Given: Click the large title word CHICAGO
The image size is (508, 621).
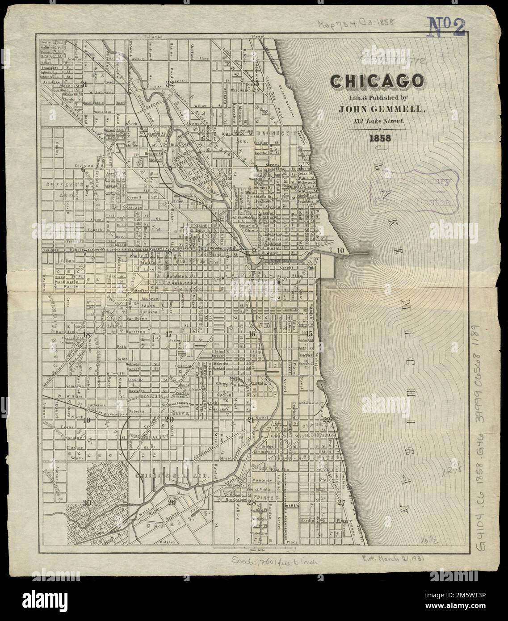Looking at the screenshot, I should pos(377,81).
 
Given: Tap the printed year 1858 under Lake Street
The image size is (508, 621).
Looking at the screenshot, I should pos(379,138).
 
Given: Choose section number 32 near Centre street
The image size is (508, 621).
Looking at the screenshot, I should pos(169,84).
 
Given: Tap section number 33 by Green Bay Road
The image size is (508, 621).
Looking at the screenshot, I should pos(255,84).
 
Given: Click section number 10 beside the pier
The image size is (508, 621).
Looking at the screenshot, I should pos(340,250).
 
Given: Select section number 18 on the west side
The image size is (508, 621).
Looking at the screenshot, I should pos(86,334).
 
